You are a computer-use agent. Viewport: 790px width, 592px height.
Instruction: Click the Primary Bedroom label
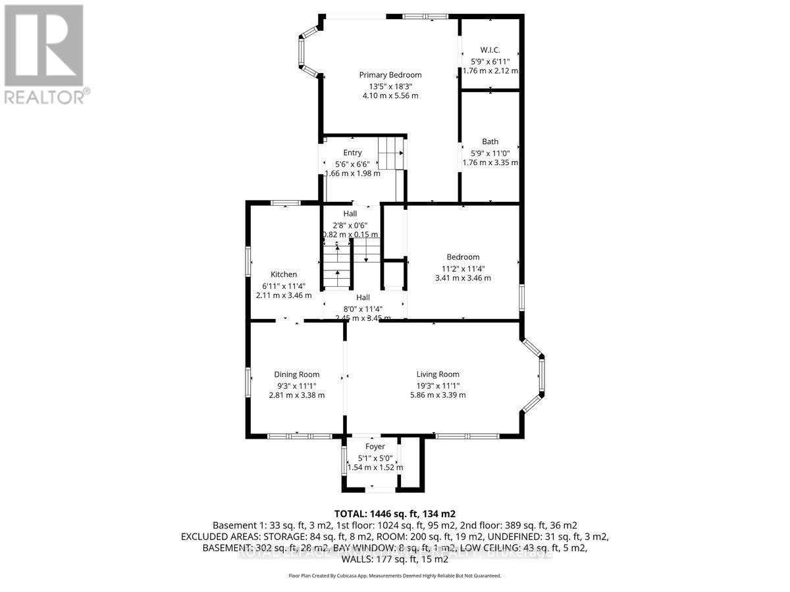click(x=390, y=75)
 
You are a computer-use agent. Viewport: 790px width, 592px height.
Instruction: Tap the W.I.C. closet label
click(x=490, y=50)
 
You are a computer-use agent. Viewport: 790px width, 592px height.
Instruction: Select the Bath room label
click(x=490, y=141)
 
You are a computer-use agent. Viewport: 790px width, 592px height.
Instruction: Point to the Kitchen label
click(x=284, y=274)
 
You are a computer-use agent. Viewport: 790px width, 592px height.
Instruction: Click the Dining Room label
click(x=297, y=374)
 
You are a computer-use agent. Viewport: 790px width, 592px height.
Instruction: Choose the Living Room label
click(x=438, y=374)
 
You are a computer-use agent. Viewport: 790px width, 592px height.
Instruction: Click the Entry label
click(x=352, y=153)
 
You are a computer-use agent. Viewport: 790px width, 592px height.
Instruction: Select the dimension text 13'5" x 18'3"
click(x=390, y=86)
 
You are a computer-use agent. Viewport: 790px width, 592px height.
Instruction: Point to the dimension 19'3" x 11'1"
click(x=438, y=385)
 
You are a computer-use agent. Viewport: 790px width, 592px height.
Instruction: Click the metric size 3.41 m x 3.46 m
click(x=463, y=278)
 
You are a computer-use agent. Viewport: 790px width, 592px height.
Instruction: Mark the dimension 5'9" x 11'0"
click(x=490, y=152)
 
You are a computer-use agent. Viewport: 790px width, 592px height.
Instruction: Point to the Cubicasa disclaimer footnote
click(x=395, y=576)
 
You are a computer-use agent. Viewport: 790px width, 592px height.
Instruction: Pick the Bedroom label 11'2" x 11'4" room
click(x=463, y=257)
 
